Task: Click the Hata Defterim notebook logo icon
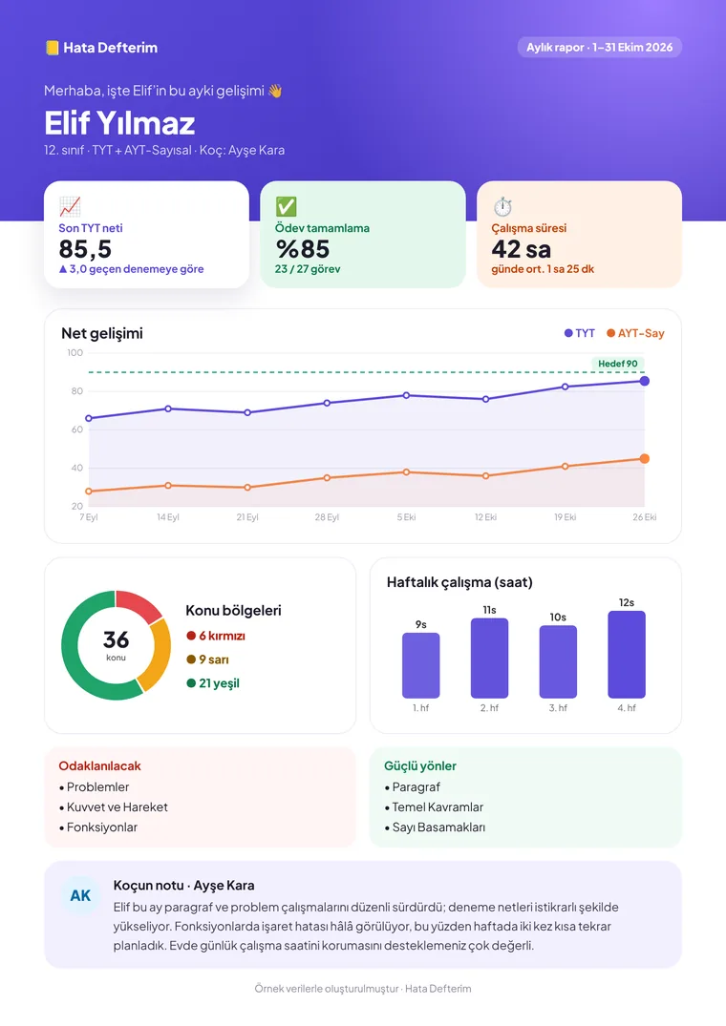pos(52,48)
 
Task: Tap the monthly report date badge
pos(599,47)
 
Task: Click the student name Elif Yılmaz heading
pos(119,123)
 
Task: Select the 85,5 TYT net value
pos(85,249)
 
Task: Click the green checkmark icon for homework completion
pos(286,207)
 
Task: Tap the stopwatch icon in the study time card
pos(502,207)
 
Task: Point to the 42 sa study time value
pos(522,249)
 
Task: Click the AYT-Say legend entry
pos(635,333)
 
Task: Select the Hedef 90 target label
pos(618,364)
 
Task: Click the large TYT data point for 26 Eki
pos(644,381)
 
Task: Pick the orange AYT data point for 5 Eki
pos(406,471)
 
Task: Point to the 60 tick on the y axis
pos(76,429)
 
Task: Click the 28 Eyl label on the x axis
pos(327,517)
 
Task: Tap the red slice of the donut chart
pos(138,604)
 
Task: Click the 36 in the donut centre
pos(116,639)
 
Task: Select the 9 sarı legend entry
pos(207,660)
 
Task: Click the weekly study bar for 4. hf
pos(627,655)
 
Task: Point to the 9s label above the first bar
pos(421,625)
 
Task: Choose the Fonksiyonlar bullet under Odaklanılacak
pos(98,827)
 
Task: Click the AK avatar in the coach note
pos(80,896)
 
